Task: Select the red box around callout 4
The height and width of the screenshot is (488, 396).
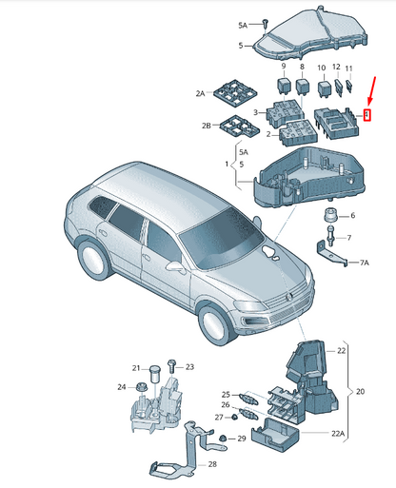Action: pyautogui.click(x=366, y=116)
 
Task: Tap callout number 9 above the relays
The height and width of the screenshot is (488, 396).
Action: pyautogui.click(x=283, y=66)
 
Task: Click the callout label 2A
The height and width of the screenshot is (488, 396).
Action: pyautogui.click(x=201, y=94)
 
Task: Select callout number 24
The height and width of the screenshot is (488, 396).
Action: pyautogui.click(x=121, y=386)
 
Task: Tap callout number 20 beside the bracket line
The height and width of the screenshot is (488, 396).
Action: pyautogui.click(x=360, y=392)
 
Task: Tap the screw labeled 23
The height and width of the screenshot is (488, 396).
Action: pyautogui.click(x=170, y=366)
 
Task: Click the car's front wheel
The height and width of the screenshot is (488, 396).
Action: pyautogui.click(x=217, y=324)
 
